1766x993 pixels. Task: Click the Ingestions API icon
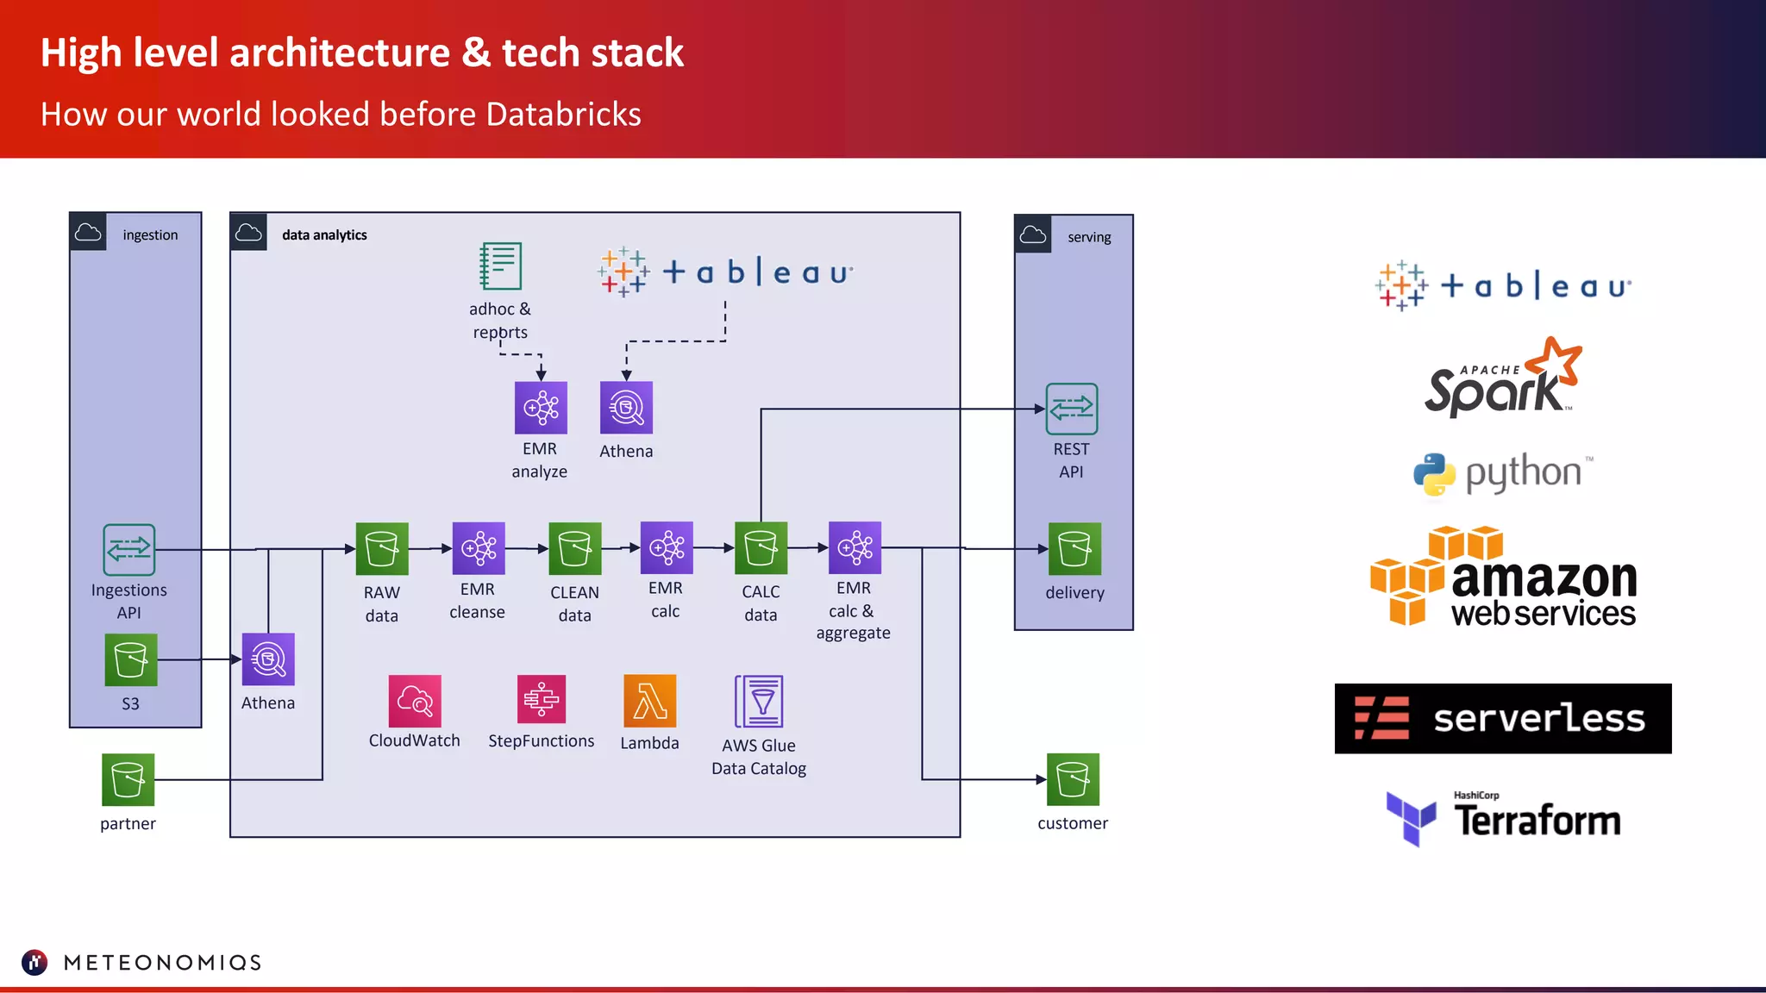point(128,549)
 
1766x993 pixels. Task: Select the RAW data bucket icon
point(382,548)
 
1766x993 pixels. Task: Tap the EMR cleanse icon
point(479,547)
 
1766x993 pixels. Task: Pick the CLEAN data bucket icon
point(575,548)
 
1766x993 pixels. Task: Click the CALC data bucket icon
point(761,547)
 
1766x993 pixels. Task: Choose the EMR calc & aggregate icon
point(855,547)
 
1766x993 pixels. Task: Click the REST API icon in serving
point(1071,409)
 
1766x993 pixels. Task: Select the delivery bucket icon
point(1074,548)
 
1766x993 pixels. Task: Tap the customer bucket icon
point(1073,779)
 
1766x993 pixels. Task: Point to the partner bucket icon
point(128,779)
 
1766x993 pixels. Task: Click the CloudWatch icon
point(415,701)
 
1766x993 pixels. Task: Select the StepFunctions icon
point(542,699)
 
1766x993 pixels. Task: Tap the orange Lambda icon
point(649,701)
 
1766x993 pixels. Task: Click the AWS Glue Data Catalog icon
point(759,702)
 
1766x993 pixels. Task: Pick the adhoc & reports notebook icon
point(500,265)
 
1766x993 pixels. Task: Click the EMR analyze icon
point(541,408)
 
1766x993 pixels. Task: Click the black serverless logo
point(1502,718)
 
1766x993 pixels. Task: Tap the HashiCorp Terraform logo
point(1502,817)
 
